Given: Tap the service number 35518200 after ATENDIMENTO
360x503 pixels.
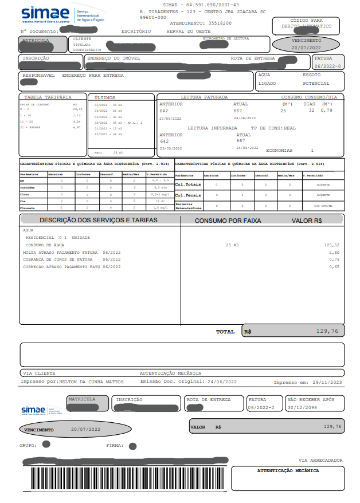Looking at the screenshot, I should [220, 23].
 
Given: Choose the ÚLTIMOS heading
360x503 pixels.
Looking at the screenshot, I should [105, 98].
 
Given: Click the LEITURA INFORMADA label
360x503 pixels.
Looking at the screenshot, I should [212, 128].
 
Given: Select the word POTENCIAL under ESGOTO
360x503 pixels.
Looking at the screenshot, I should [316, 83].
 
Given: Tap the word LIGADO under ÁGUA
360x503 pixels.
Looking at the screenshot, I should [267, 83].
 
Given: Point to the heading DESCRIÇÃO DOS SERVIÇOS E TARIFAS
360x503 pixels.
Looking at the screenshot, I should [98, 220].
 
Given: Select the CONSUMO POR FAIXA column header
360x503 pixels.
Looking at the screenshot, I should [228, 221].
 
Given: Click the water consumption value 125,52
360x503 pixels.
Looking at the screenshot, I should [331, 245].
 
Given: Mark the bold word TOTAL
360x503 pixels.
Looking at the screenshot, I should [225, 332].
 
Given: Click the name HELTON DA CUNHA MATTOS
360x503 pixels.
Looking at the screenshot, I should [92, 382].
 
